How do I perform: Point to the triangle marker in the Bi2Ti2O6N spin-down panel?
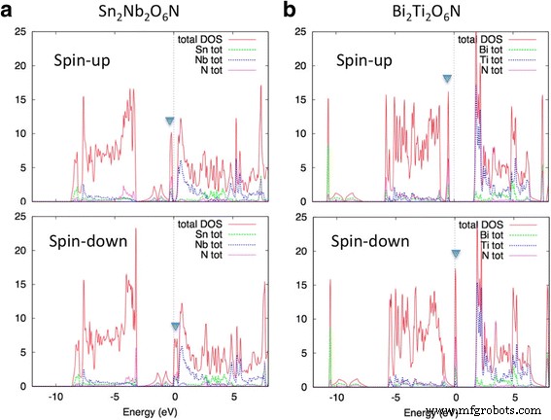(456, 255)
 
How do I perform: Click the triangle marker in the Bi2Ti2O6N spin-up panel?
(447, 79)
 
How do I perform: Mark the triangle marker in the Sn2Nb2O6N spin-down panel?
(175, 328)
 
